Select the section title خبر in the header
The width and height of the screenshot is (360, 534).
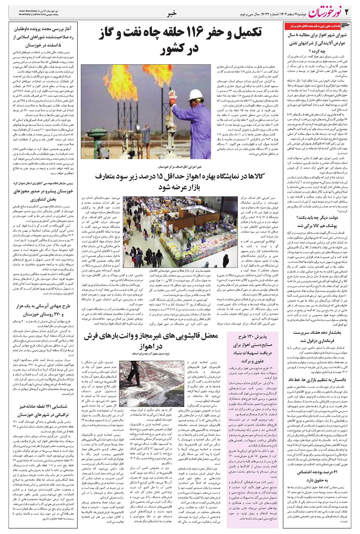click(x=172, y=14)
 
